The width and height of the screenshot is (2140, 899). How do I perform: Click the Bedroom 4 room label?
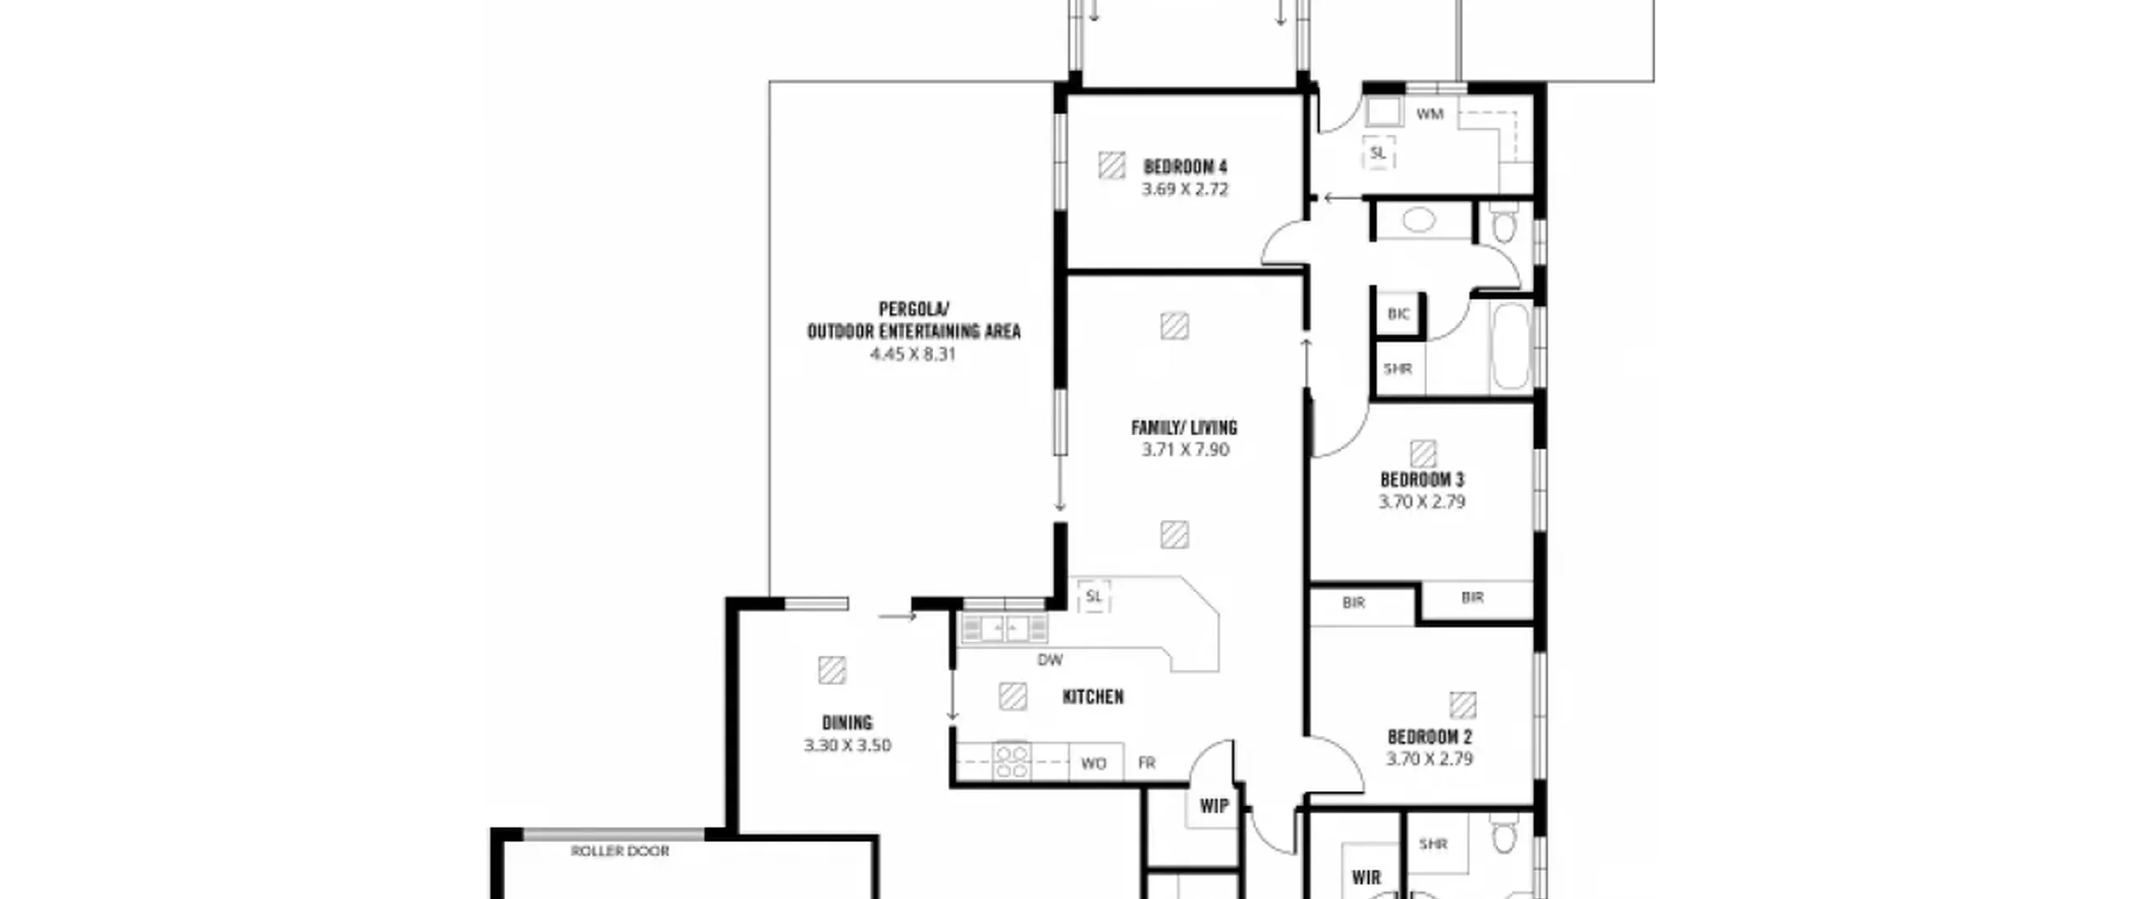coord(1185,166)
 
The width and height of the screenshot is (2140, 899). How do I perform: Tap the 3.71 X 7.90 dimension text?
coord(1185,450)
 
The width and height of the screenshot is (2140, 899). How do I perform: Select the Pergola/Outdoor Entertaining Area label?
coord(914,320)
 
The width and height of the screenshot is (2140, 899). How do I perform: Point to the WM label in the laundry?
coord(1430,114)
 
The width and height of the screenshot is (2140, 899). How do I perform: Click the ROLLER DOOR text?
coord(620,850)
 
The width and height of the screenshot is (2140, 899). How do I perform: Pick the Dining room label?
coord(847,723)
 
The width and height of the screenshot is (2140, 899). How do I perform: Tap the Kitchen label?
coord(1093,697)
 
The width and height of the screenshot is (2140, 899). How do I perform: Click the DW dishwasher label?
coord(1050,660)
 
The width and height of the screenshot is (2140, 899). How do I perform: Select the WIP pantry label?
coord(1215,805)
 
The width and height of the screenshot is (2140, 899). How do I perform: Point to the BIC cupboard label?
coord(1399,314)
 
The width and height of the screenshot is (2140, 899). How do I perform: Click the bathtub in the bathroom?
coord(1511,345)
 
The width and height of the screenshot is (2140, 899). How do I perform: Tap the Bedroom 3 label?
coord(1422,480)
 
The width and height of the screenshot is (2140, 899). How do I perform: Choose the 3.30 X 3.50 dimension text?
coord(848,745)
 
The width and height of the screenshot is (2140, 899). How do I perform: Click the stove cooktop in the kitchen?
coord(1011,761)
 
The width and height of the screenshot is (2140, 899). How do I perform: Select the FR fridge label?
coord(1147,763)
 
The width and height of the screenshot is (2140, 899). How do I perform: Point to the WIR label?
coord(1366,877)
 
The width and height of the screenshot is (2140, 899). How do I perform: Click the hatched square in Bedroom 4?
coord(1111,165)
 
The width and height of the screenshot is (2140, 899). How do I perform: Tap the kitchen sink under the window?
coord(1004,628)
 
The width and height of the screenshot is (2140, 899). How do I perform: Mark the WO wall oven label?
coord(1093,763)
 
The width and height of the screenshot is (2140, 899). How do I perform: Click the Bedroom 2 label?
coord(1429,737)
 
